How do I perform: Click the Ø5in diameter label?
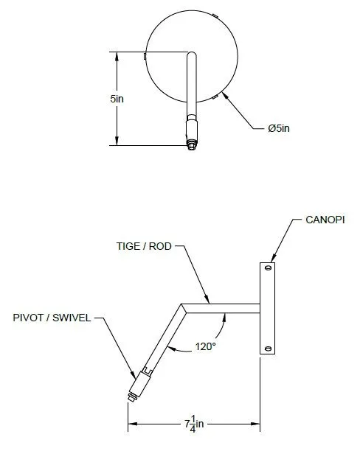tap(279, 128)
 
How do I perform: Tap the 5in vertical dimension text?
tap(117, 99)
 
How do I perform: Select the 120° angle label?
tap(206, 346)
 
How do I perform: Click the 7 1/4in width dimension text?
tap(194, 424)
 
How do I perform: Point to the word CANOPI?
tap(325, 220)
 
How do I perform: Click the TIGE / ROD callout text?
tap(144, 246)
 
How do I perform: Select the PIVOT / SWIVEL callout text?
tap(52, 318)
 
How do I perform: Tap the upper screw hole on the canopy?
tap(268, 268)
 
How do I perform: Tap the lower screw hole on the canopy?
tap(268, 349)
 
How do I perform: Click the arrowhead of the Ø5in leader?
tap(226, 96)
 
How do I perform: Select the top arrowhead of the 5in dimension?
tap(117, 56)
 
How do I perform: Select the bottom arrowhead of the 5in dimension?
tap(117, 141)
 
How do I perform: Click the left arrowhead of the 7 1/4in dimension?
tap(133, 424)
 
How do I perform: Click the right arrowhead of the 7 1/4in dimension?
tap(255, 424)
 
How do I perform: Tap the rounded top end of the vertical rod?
tap(192, 55)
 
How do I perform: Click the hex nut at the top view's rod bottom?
tap(192, 145)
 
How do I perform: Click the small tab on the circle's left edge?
tap(145, 56)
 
